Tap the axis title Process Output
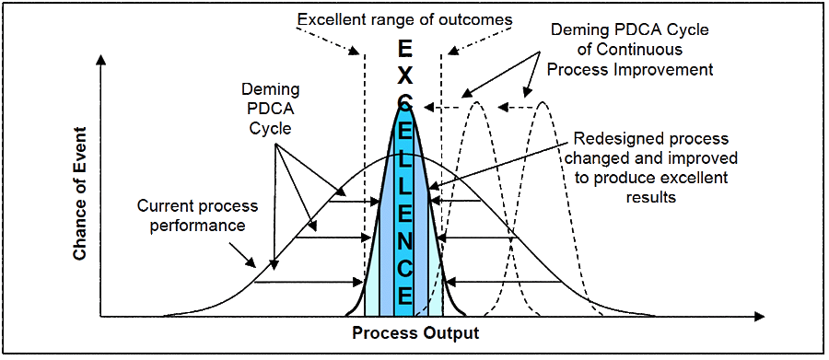point(416,333)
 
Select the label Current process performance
point(198,215)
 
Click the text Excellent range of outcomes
point(405,20)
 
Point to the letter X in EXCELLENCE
point(405,76)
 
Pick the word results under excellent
point(651,197)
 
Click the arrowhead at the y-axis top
point(100,59)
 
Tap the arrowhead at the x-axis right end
point(759,317)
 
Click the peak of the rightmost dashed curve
point(543,101)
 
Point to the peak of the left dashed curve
point(477,101)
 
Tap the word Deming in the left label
point(270,88)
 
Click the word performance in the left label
point(198,226)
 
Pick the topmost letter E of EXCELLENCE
point(405,51)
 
